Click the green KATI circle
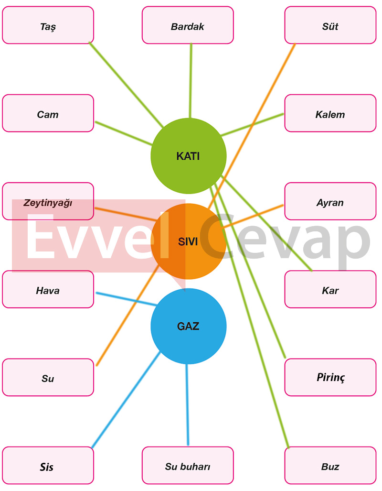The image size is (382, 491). (188, 156)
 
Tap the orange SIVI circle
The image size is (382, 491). (188, 241)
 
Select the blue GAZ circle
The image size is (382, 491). (188, 326)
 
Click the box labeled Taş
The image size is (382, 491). (48, 25)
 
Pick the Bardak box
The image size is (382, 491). (188, 25)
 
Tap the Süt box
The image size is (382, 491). (330, 25)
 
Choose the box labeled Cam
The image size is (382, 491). (48, 113)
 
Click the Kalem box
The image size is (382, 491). (330, 113)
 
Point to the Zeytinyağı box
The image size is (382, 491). (48, 201)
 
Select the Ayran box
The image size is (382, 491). (330, 201)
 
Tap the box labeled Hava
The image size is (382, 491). (48, 289)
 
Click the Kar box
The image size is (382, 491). (330, 289)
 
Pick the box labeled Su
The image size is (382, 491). (48, 377)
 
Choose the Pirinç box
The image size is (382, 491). (330, 377)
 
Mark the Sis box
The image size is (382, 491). (48, 465)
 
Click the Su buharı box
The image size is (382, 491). (188, 465)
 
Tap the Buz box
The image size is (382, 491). (330, 465)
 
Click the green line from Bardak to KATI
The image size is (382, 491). (191, 81)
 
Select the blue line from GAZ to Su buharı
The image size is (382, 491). (187, 404)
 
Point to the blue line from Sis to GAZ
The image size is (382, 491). (126, 400)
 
